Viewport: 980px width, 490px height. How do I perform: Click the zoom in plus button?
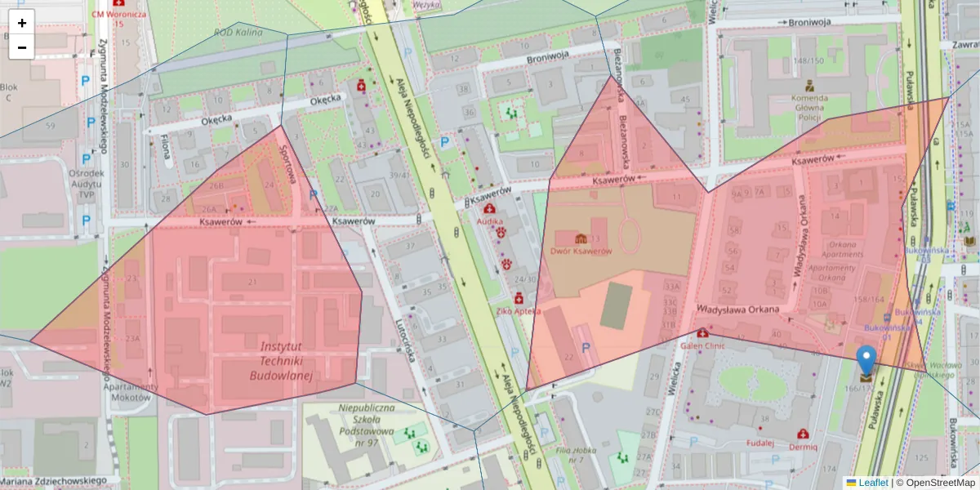click(x=22, y=23)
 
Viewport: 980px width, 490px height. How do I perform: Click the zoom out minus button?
click(x=22, y=47)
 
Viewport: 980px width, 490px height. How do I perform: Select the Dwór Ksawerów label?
click(x=581, y=251)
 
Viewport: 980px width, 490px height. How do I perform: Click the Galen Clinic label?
click(x=702, y=345)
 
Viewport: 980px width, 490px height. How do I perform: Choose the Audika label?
click(x=490, y=220)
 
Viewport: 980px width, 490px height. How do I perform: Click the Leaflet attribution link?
click(x=872, y=483)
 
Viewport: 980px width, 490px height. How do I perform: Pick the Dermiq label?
click(x=803, y=448)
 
